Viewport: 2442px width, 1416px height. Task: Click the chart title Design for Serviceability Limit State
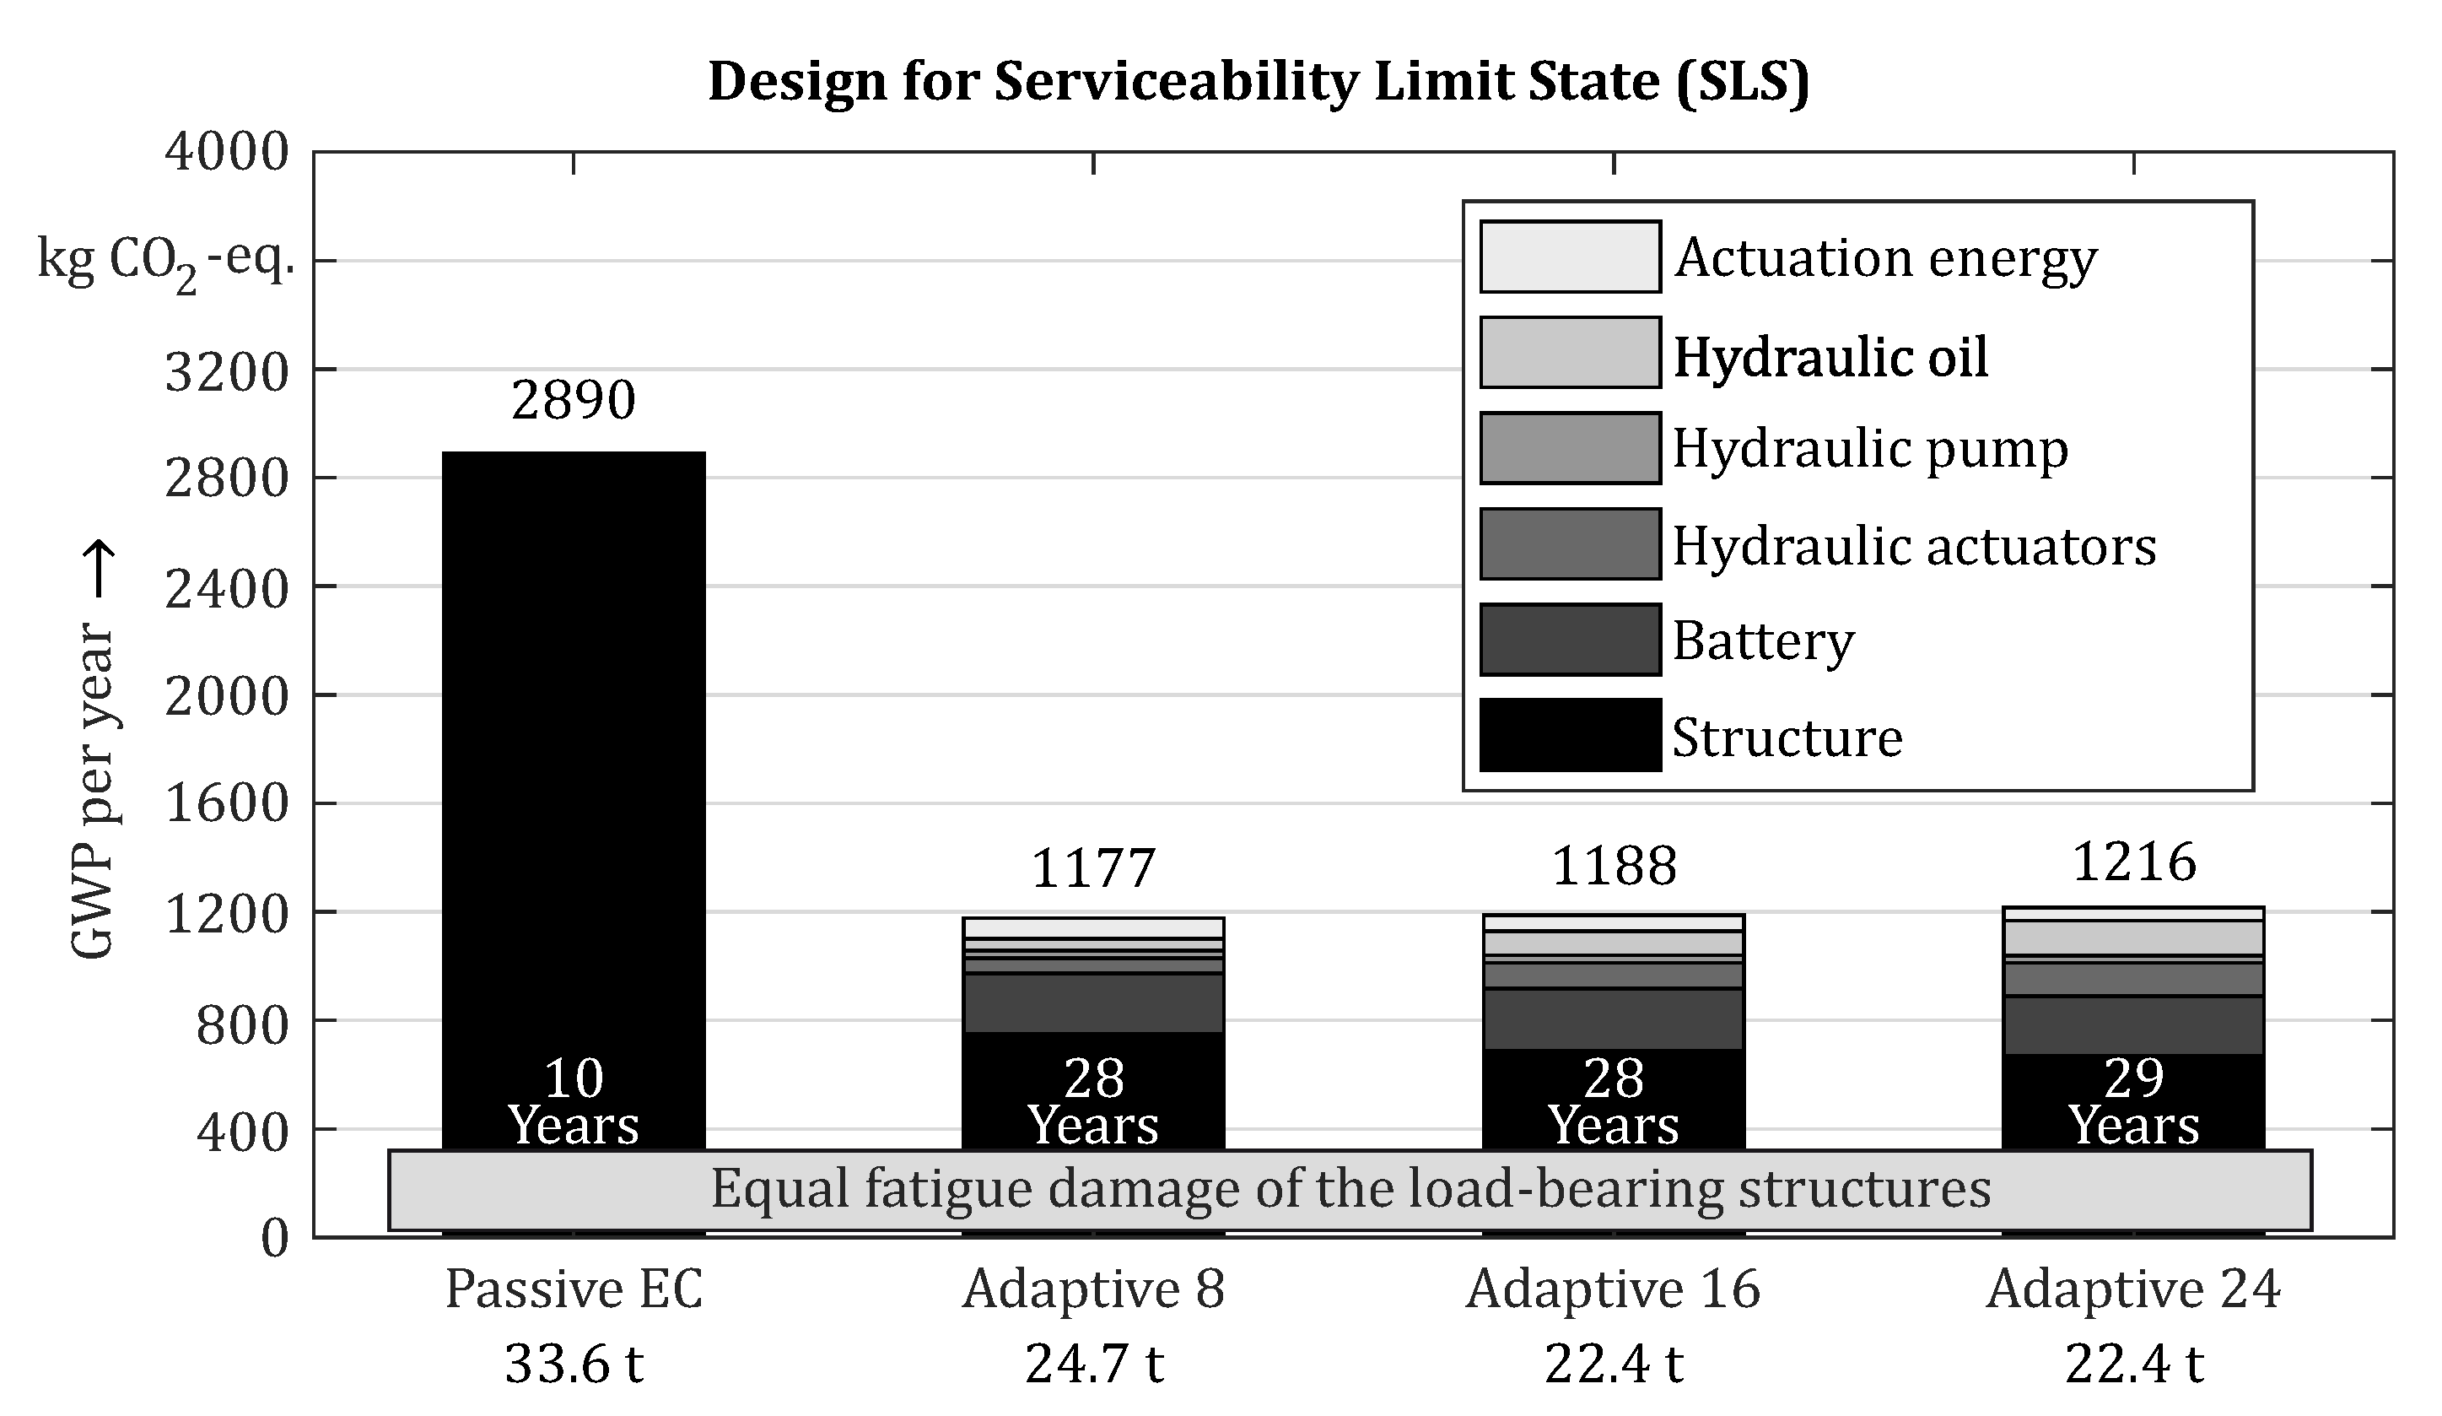coord(1258,81)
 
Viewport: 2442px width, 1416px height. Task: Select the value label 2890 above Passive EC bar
coord(573,399)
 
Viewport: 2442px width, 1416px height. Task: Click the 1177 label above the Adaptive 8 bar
coord(1093,867)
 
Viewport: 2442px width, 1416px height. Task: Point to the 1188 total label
coord(1614,866)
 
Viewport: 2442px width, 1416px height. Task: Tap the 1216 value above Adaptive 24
coord(2133,862)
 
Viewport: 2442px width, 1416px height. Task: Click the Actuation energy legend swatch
coord(1569,257)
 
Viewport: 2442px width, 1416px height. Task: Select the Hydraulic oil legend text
coord(1830,357)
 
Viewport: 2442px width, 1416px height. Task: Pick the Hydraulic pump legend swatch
coord(1569,448)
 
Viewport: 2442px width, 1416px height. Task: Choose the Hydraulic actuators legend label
coord(1914,546)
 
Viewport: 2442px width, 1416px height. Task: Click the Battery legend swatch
coord(1569,640)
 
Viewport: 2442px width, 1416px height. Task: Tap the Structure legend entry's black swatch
coord(1569,735)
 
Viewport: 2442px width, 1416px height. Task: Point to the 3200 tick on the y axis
coord(227,371)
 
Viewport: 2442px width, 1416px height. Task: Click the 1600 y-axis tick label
coord(227,803)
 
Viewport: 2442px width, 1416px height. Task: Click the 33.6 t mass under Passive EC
coord(573,1365)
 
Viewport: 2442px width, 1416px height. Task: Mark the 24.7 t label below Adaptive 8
coord(1093,1365)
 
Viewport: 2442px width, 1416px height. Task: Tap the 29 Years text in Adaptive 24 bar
coord(2133,1102)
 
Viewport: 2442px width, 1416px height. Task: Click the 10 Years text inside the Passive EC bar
coord(573,1102)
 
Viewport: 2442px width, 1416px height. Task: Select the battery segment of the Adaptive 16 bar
coord(1613,1019)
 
